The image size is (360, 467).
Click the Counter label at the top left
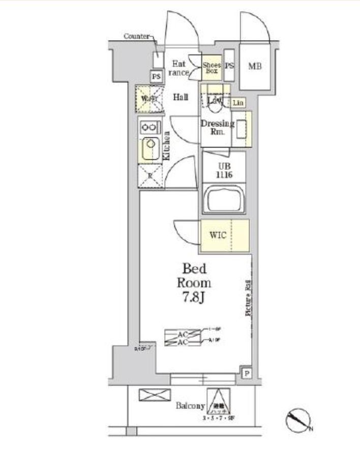136,36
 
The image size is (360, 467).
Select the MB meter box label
255,66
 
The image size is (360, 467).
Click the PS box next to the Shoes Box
229,66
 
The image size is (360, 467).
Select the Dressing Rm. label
217,128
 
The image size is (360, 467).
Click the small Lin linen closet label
238,103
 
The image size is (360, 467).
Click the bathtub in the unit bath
224,199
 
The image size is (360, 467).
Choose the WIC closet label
219,235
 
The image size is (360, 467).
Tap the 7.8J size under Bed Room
193,296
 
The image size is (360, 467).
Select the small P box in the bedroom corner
246,373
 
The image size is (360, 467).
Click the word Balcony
190,406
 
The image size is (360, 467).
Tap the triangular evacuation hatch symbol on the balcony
218,401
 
